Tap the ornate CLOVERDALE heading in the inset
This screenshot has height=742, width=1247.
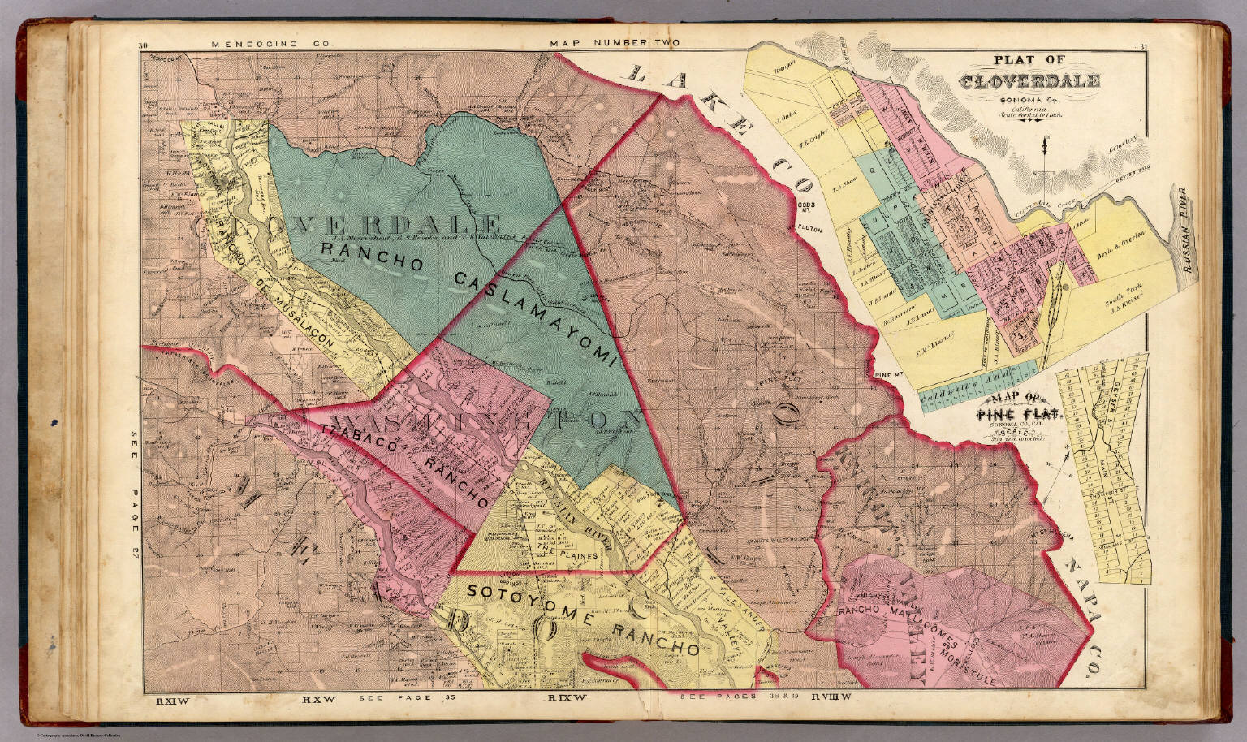[x=1029, y=82]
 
